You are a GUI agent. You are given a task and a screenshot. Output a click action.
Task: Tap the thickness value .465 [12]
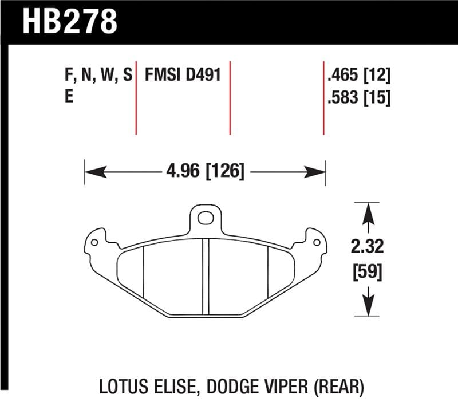pyautogui.click(x=358, y=76)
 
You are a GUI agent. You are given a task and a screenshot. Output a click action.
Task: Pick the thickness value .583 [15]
pyautogui.click(x=358, y=97)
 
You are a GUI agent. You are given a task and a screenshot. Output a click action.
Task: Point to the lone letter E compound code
pyautogui.click(x=69, y=97)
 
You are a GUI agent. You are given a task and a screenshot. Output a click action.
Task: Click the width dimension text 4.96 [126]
pyautogui.click(x=205, y=171)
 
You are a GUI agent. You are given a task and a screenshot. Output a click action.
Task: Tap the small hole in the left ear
pyautogui.click(x=94, y=242)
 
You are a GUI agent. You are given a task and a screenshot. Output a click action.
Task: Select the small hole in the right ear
pyautogui.click(x=315, y=242)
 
